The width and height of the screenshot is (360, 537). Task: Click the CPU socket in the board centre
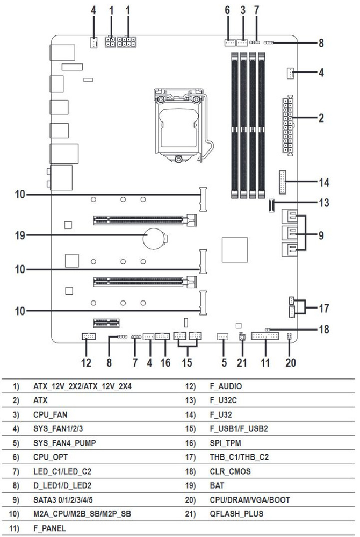180,125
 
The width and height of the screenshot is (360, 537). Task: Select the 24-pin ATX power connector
288,127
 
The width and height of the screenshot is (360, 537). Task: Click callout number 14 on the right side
323,182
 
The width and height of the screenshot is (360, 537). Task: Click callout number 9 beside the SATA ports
321,234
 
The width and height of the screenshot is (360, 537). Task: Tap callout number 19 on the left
20,235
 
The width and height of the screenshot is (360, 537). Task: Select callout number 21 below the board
242,362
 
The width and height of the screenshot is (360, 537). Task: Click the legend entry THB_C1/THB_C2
239,457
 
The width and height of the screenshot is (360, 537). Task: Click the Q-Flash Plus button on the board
242,338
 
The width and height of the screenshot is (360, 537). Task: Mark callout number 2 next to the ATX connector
321,118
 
